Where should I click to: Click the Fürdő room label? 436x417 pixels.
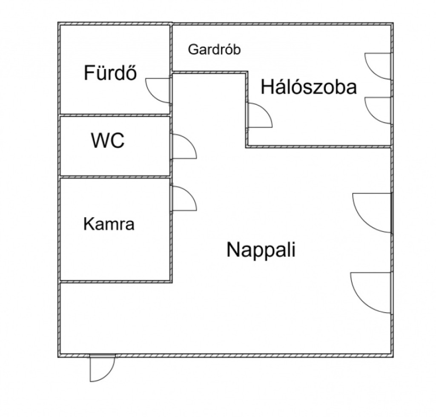pos(110,72)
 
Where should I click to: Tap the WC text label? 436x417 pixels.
pos(108,140)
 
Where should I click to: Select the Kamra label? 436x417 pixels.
pos(109,224)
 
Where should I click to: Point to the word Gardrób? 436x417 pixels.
pos(214,49)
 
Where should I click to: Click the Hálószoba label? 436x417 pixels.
pos(309,86)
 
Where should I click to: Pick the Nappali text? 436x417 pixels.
pos(261,250)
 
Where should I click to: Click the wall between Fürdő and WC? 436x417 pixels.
pos(115,115)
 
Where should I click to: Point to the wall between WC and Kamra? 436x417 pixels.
pos(115,177)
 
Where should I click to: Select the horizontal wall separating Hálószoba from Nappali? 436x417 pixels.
pos(319,147)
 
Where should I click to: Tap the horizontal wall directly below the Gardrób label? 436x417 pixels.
pos(210,72)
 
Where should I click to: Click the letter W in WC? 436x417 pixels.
pos(99,140)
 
